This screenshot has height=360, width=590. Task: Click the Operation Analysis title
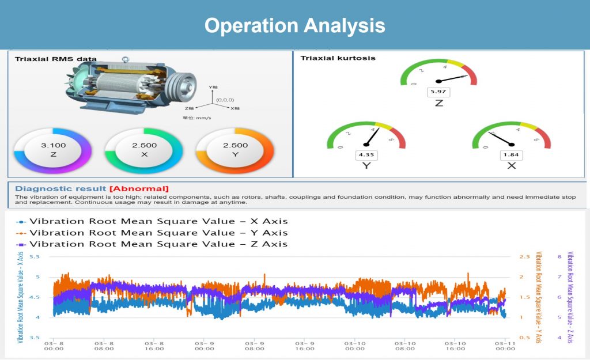tap(294, 25)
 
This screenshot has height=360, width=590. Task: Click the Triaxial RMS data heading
tap(55, 59)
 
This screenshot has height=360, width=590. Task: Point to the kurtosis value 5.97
tap(438, 92)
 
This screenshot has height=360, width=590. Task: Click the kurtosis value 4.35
tap(365, 155)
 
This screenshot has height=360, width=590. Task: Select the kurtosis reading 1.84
tap(510, 155)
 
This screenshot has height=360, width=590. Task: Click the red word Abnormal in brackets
tap(139, 188)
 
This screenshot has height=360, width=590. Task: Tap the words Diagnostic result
tap(60, 188)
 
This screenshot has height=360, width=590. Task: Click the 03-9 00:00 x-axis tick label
tap(205, 344)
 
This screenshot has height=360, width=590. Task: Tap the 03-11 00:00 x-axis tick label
tap(505, 344)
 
